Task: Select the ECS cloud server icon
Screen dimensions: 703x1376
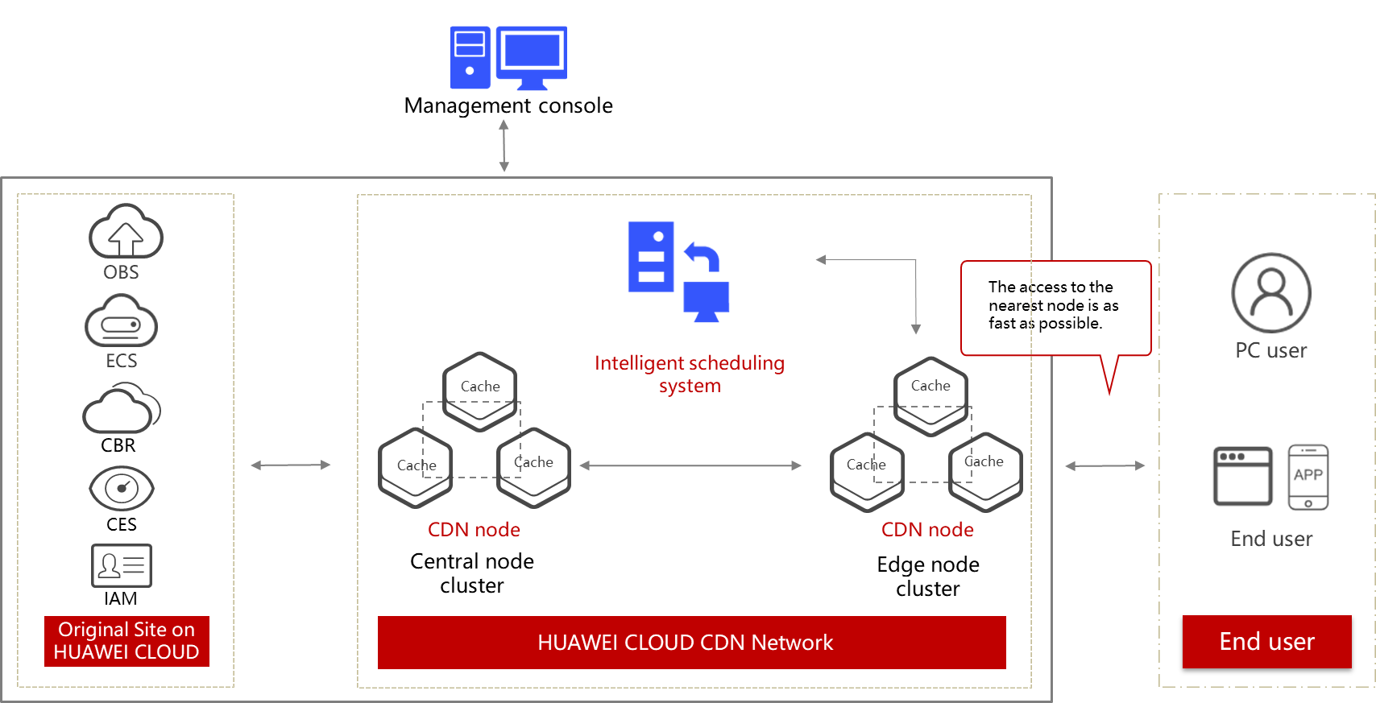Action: pyautogui.click(x=122, y=321)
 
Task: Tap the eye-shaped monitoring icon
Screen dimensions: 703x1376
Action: pyautogui.click(x=122, y=488)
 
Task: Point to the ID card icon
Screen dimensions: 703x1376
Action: pyautogui.click(x=122, y=565)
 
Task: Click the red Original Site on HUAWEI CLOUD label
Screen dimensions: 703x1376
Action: pyautogui.click(x=126, y=641)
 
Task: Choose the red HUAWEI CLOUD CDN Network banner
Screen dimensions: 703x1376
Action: pyautogui.click(x=691, y=643)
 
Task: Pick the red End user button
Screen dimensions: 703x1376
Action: pyautogui.click(x=1266, y=642)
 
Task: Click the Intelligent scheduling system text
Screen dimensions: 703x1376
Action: pyautogui.click(x=690, y=374)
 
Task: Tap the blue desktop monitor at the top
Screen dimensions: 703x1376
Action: pyautogui.click(x=532, y=56)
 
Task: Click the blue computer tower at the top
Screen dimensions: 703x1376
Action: pyautogui.click(x=470, y=57)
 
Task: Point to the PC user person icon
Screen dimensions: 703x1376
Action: pyautogui.click(x=1270, y=293)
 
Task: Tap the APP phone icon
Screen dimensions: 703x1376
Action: pyautogui.click(x=1308, y=477)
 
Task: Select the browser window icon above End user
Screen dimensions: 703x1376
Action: pyautogui.click(x=1243, y=476)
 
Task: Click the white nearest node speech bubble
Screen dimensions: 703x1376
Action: pyautogui.click(x=1055, y=307)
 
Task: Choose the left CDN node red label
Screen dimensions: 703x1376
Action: pyautogui.click(x=474, y=530)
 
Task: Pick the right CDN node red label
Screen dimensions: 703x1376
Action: pyautogui.click(x=927, y=530)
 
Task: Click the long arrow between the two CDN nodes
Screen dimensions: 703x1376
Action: pyautogui.click(x=690, y=465)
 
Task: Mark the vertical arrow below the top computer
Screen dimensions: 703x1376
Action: pyautogui.click(x=504, y=146)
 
